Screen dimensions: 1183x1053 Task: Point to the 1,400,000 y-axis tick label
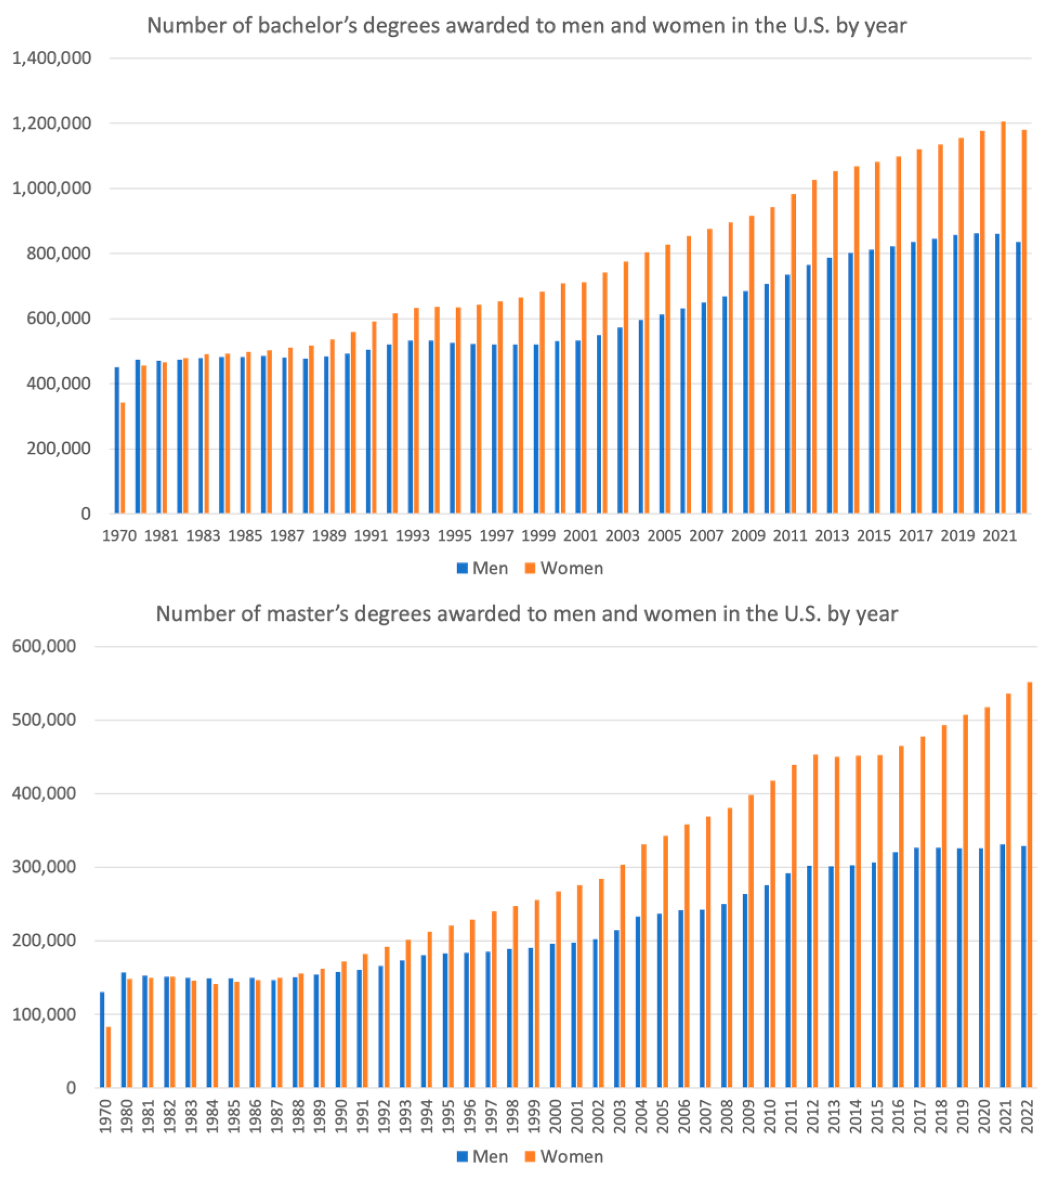pyautogui.click(x=51, y=58)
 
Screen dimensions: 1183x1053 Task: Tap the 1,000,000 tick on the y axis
pyautogui.click(x=51, y=188)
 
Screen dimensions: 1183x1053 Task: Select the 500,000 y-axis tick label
pyautogui.click(x=44, y=720)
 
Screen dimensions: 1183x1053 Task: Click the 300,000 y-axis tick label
pyautogui.click(x=44, y=867)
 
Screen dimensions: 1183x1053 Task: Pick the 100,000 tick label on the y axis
pyautogui.click(x=44, y=1014)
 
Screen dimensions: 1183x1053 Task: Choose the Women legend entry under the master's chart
pyautogui.click(x=564, y=1156)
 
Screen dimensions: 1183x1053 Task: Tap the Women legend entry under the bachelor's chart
pyautogui.click(x=564, y=568)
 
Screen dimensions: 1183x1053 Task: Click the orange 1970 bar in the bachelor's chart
pyautogui.click(x=123, y=458)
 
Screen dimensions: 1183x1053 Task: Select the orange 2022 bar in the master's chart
pyautogui.click(x=1029, y=885)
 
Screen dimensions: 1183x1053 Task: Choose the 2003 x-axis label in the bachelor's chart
pyautogui.click(x=622, y=536)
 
